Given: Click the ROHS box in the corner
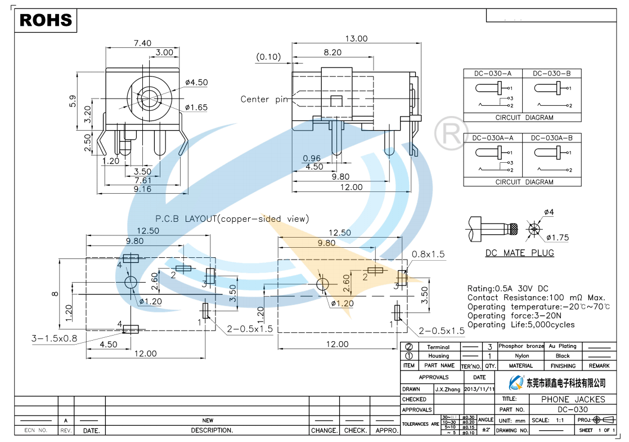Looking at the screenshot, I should click(46, 20).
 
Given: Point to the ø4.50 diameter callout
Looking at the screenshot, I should click(196, 82).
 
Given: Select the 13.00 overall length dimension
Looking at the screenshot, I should click(356, 39).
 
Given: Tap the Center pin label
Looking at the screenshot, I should click(264, 99).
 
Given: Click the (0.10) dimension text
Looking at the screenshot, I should click(268, 56).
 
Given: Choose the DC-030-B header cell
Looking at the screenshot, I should click(551, 74).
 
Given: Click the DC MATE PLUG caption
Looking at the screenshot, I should click(519, 253).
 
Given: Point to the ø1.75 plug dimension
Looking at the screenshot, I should click(557, 238).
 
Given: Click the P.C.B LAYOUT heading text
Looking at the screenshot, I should click(232, 219).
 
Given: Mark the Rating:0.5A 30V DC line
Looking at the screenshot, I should click(507, 288).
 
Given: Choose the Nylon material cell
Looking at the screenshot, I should click(521, 356).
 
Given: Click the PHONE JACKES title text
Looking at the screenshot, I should click(573, 399).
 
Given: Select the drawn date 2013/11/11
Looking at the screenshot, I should click(479, 389).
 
